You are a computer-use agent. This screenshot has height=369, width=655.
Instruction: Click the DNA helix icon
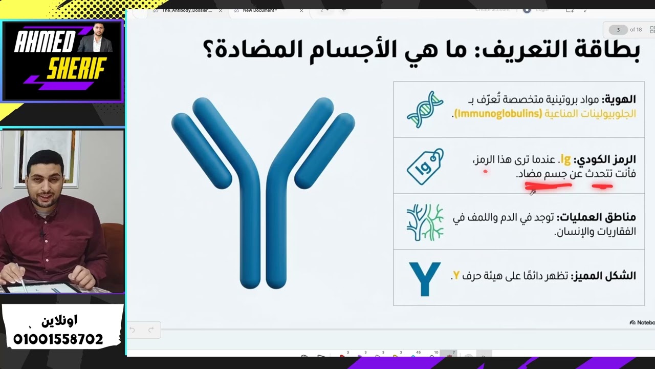tap(425, 109)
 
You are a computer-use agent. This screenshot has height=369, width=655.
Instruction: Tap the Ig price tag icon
tap(425, 167)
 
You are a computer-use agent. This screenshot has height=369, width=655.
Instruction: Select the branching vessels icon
tap(425, 222)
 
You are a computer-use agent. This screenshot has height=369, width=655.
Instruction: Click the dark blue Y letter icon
tap(424, 278)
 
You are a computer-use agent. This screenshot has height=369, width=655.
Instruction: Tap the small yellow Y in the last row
tap(455, 276)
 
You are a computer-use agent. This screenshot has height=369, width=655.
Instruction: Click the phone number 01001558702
tap(58, 339)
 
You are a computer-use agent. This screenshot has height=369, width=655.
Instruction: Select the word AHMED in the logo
tap(45, 42)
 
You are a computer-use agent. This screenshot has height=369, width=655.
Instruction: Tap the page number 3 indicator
tap(618, 30)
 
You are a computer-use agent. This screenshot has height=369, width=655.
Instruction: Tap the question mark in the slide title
tap(209, 51)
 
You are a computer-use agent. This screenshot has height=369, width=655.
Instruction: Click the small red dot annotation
tap(485, 172)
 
